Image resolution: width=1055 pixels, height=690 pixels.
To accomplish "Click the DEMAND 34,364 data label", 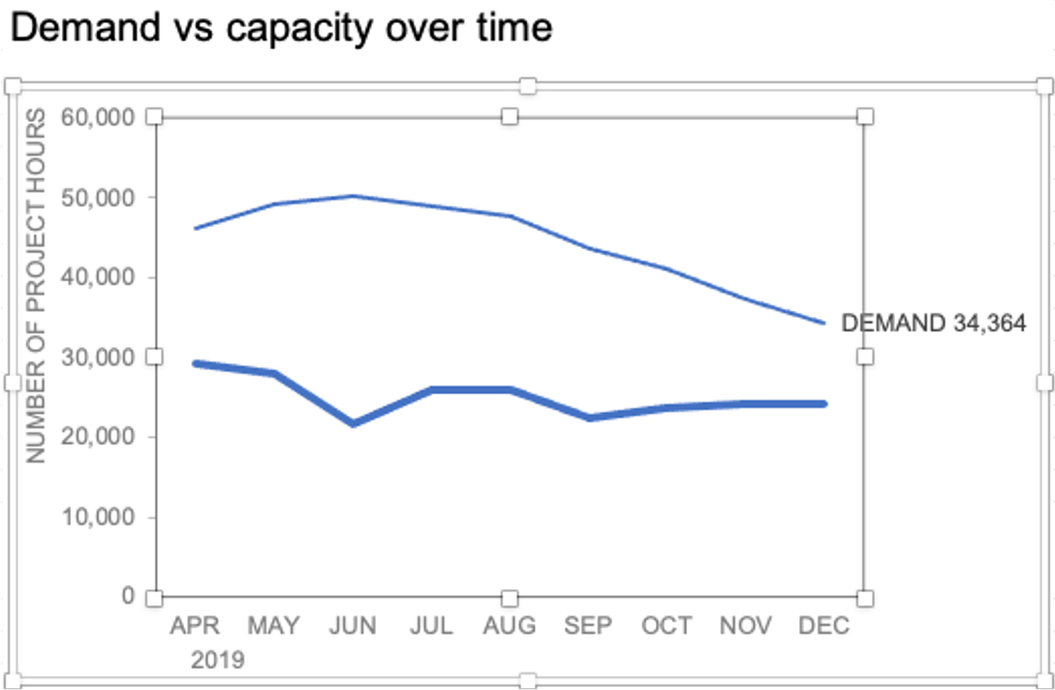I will [934, 324].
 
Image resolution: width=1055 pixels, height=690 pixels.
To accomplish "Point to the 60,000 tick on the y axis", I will [96, 117].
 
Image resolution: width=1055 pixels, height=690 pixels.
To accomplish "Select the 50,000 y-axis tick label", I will [96, 198].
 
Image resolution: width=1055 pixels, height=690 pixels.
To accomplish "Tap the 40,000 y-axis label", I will [96, 277].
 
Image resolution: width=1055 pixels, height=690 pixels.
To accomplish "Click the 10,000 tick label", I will [96, 517].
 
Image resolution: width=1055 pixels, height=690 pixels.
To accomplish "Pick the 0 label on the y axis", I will [127, 596].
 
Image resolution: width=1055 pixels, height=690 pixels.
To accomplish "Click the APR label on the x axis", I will [195, 626].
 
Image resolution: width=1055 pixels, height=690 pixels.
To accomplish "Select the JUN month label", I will [352, 626].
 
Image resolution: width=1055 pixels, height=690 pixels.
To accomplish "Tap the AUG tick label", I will [510, 626].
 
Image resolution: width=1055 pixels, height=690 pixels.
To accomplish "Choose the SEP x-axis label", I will [588, 626].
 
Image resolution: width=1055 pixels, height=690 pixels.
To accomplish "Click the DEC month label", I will [823, 626].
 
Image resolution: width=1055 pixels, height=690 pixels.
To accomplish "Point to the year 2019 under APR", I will [217, 661].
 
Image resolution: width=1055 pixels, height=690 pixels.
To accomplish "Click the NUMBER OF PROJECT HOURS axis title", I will [36, 286].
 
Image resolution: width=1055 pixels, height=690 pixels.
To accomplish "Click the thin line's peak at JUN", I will [352, 196].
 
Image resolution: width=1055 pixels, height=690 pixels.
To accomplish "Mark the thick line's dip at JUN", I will [352, 423].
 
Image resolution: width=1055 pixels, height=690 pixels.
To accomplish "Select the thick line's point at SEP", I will [588, 418].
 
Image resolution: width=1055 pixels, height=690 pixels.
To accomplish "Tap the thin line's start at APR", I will [195, 229].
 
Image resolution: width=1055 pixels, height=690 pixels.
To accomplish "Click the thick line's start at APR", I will [195, 363].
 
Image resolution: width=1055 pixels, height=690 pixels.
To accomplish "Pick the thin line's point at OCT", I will [667, 267].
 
